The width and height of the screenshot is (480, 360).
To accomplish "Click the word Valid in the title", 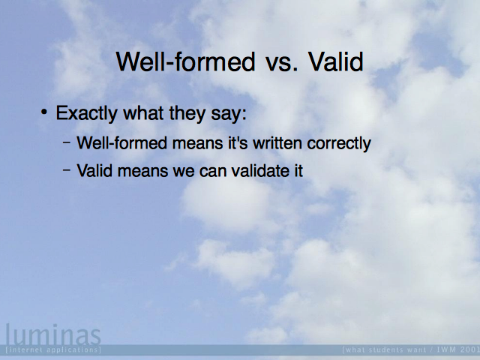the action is click(x=336, y=61).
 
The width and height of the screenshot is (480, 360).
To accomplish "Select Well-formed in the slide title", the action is click(x=185, y=61).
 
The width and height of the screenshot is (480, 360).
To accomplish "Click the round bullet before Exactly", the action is click(x=44, y=112).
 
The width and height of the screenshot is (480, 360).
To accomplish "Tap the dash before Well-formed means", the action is click(x=67, y=142).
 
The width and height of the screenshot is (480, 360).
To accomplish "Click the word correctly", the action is click(x=339, y=144).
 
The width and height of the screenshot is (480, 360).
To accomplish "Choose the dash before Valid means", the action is click(x=67, y=169).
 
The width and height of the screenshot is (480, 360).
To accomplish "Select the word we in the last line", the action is click(x=184, y=172).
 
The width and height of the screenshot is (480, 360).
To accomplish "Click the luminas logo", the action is click(x=53, y=334).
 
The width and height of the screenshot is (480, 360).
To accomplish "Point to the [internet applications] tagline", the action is click(x=53, y=349).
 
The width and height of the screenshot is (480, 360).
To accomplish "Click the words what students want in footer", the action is click(x=384, y=349).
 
